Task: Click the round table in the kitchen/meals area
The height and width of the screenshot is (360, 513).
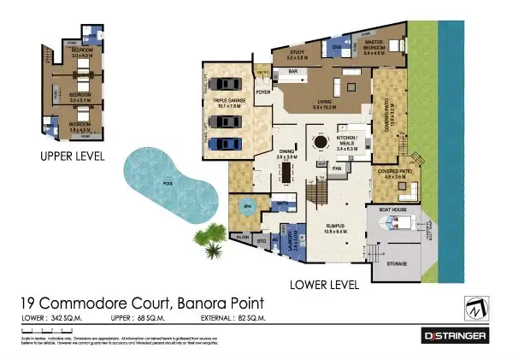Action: (x=320, y=142)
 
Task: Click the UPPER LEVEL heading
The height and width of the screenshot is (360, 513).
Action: (x=73, y=156)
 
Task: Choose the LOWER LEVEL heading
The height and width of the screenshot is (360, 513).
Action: (x=325, y=283)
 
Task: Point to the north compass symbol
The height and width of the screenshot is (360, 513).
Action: (x=476, y=305)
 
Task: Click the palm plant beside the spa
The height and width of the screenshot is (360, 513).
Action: (x=208, y=239)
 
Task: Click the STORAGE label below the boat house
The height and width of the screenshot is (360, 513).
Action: (x=396, y=264)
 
